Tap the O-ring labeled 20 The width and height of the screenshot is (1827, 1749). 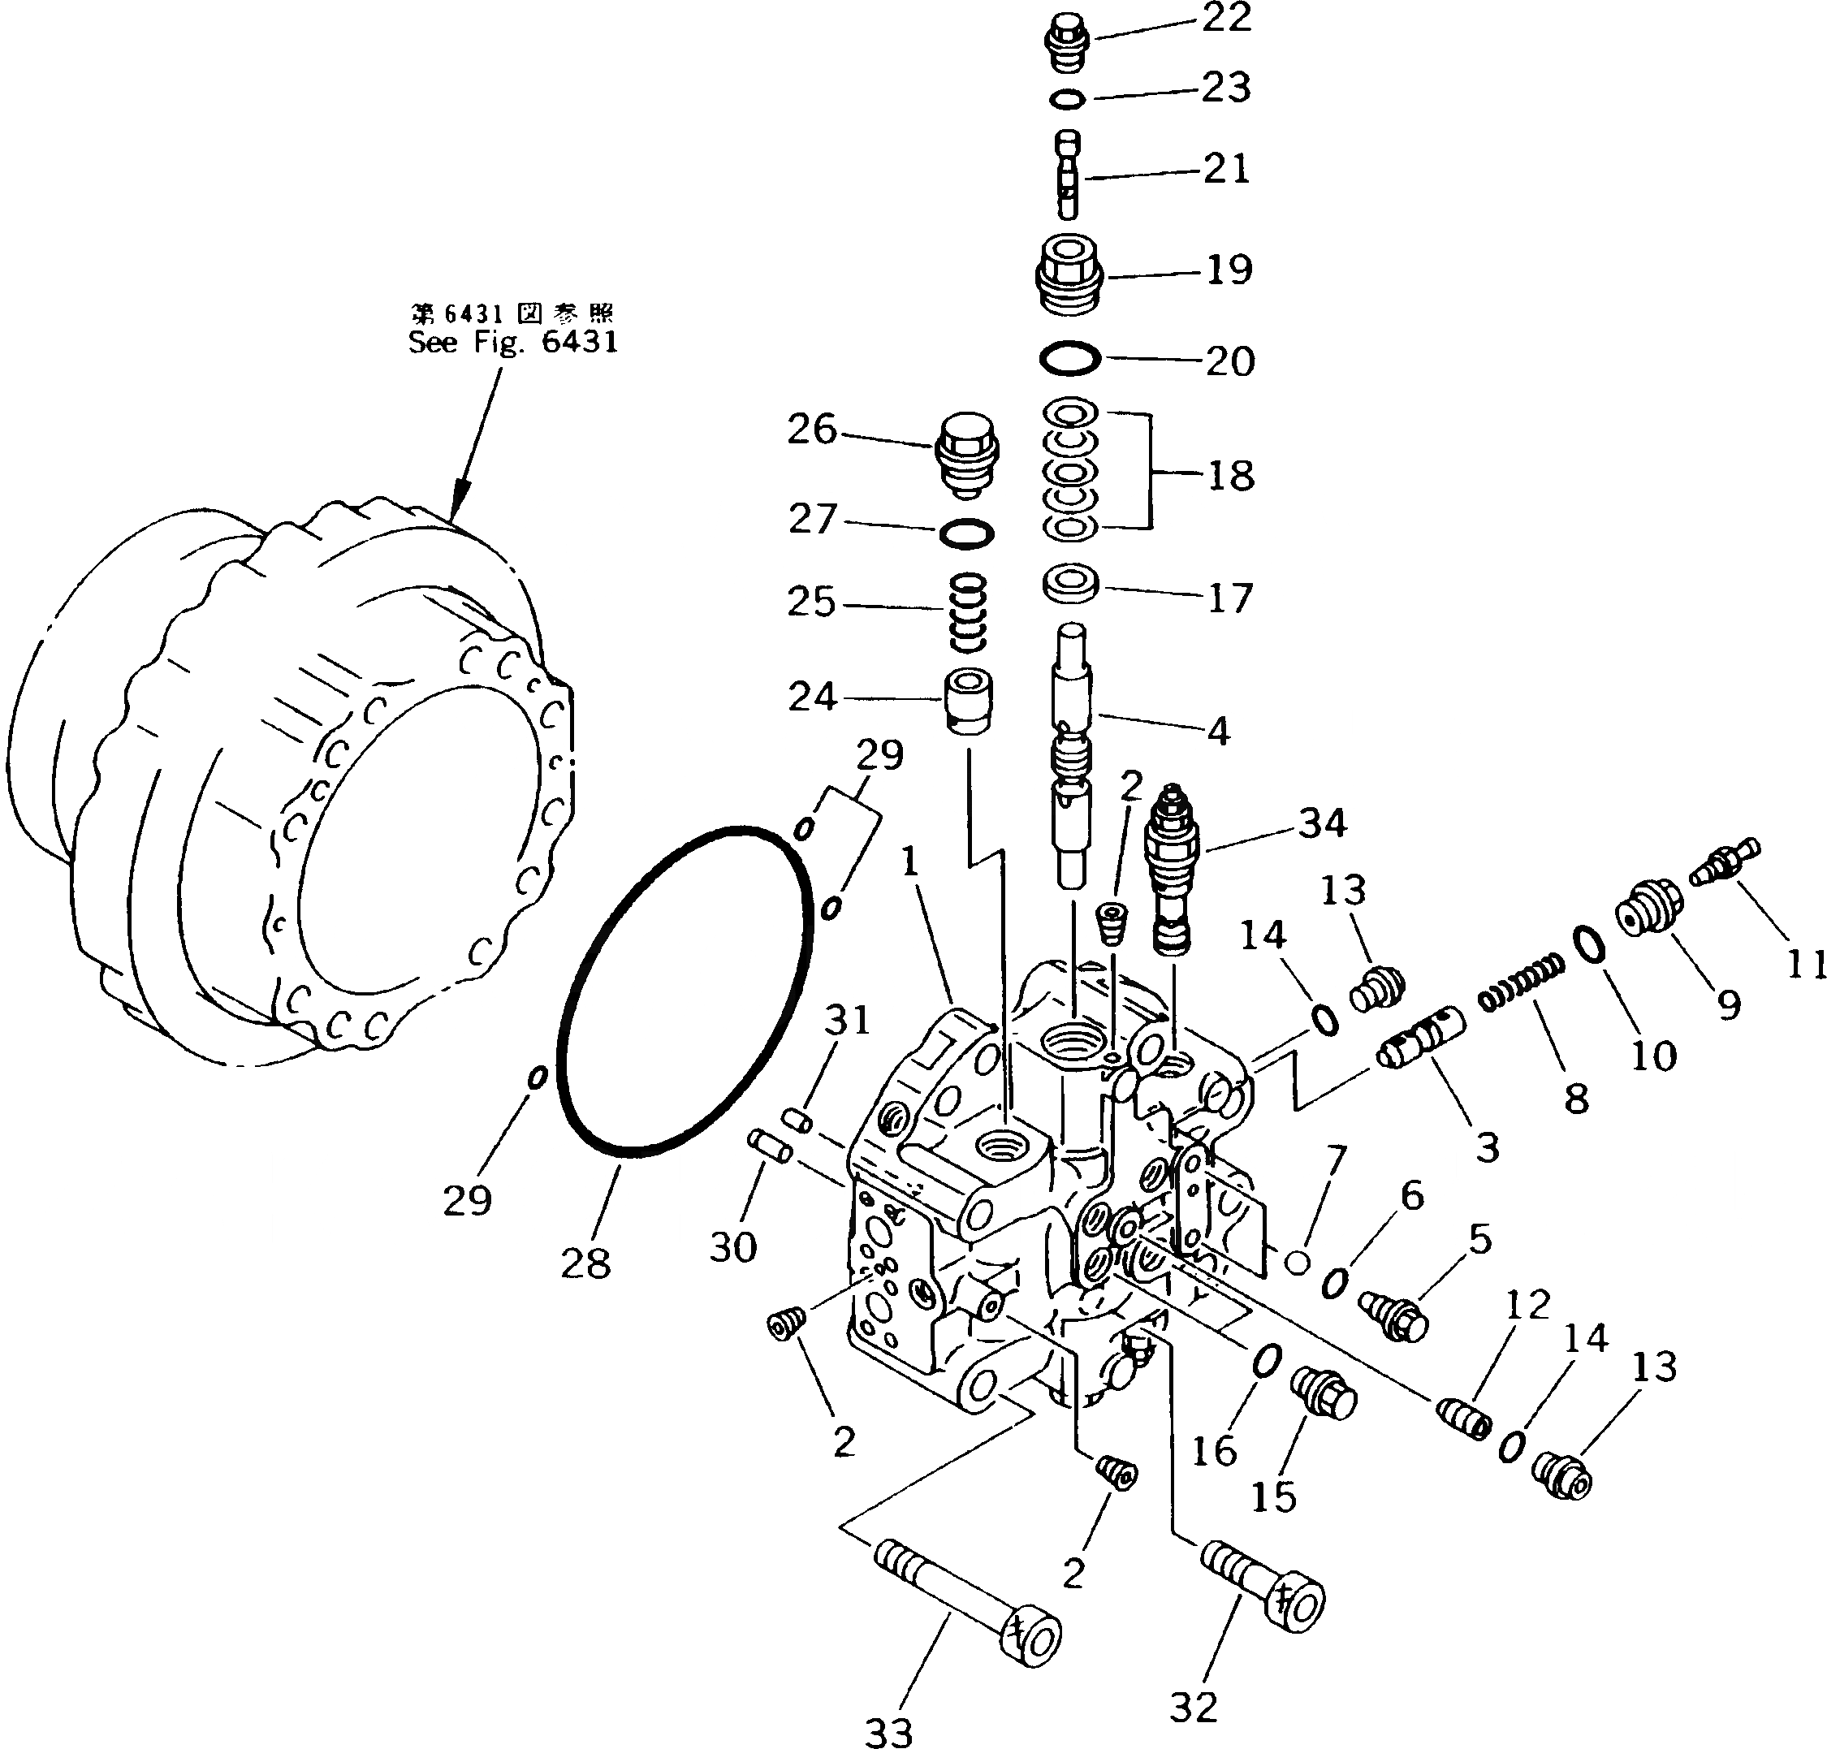coord(1070,359)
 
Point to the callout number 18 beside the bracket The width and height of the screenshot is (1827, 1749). coord(1230,476)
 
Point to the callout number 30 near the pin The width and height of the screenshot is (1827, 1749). coord(732,1246)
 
